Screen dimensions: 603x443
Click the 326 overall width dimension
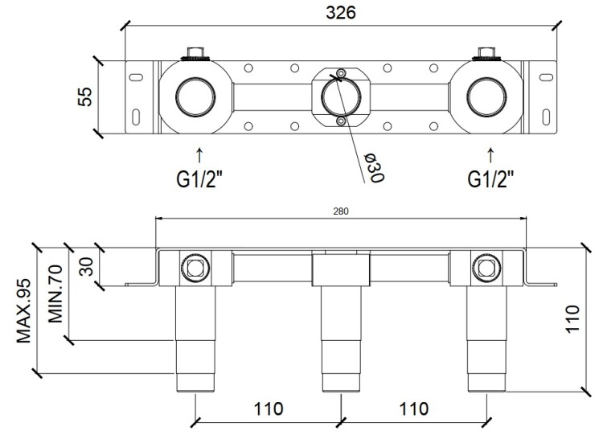(341, 13)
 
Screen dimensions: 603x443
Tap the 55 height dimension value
(85, 97)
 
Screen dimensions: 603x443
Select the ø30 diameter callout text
(374, 168)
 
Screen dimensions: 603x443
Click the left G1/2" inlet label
(199, 178)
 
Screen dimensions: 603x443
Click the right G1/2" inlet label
(490, 178)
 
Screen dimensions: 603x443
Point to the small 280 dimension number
(341, 211)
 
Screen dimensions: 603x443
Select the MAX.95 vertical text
(24, 311)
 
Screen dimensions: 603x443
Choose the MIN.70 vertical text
(55, 293)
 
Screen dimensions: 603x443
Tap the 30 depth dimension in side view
(88, 266)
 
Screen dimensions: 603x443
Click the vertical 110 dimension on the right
(572, 319)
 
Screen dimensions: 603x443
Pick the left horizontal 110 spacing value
(269, 408)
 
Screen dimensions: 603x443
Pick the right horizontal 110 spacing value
(414, 408)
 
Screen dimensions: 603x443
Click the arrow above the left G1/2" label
(199, 155)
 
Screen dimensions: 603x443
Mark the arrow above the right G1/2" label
(490, 155)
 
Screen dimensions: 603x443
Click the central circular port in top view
(341, 97)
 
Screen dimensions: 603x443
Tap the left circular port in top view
(195, 97)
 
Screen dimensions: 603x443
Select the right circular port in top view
(486, 97)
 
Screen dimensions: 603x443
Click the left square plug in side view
(195, 268)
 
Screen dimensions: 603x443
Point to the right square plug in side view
(486, 268)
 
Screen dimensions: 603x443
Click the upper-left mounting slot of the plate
(136, 77)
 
